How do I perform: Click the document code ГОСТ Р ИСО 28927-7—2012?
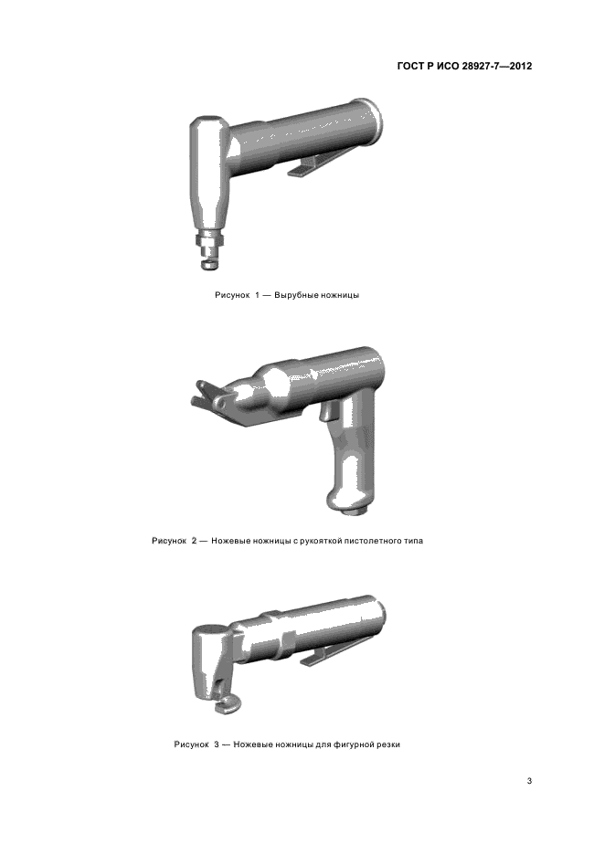tap(464, 66)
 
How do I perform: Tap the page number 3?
tap(529, 781)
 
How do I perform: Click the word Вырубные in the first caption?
tap(293, 296)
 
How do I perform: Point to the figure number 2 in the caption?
tap(194, 541)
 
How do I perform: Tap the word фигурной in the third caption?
tap(352, 744)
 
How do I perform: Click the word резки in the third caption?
tap(387, 744)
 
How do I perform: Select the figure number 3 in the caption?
tap(217, 744)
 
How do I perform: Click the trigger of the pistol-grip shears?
tap(325, 410)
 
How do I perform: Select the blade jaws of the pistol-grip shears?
tap(209, 397)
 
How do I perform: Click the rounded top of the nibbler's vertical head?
tap(207, 123)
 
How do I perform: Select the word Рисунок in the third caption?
tap(191, 744)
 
